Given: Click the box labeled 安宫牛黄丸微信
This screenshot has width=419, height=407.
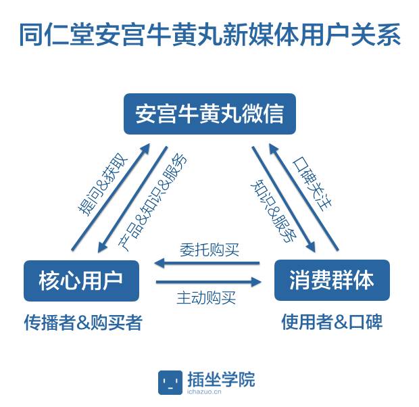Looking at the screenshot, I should [x=209, y=114].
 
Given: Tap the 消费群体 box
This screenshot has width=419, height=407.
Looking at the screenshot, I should [x=332, y=280].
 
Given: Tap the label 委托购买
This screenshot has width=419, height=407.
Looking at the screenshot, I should [x=209, y=249].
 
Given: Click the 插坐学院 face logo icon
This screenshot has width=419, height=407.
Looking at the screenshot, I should [x=170, y=382].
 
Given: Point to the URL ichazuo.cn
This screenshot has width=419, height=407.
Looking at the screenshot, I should [x=214, y=391].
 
